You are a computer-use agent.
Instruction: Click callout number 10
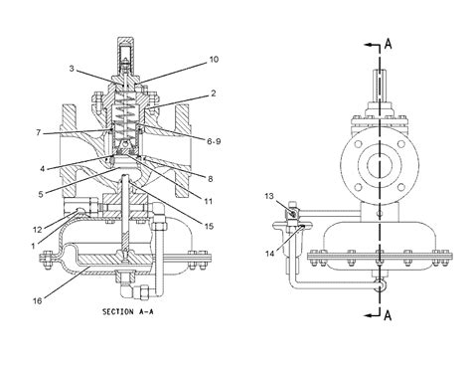pyautogui.click(x=214, y=60)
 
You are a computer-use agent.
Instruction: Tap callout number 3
pyautogui.click(x=72, y=69)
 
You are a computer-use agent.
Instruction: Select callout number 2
pyautogui.click(x=213, y=93)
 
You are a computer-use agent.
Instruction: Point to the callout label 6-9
pyautogui.click(x=214, y=141)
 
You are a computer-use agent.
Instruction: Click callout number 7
pyautogui.click(x=39, y=132)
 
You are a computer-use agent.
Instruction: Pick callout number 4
pyautogui.click(x=42, y=169)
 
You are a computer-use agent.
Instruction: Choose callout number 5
pyautogui.click(x=41, y=194)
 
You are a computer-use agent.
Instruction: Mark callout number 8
pyautogui.click(x=210, y=179)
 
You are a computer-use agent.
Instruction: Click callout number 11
pyautogui.click(x=208, y=201)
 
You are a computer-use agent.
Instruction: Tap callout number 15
pyautogui.click(x=209, y=226)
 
